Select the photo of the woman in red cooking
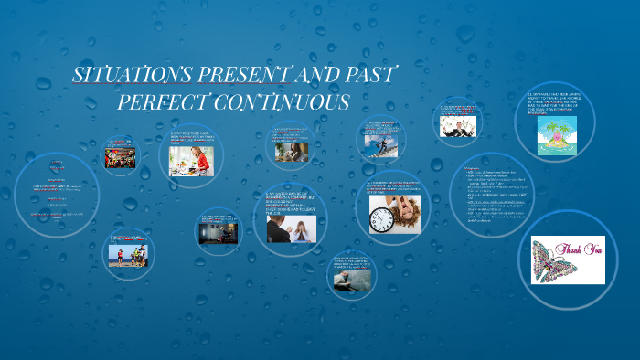pos(192,160)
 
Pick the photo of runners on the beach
pos(127,255)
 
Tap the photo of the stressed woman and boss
pos(291,228)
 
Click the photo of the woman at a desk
pos(292,152)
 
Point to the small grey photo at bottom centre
pos(351,278)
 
